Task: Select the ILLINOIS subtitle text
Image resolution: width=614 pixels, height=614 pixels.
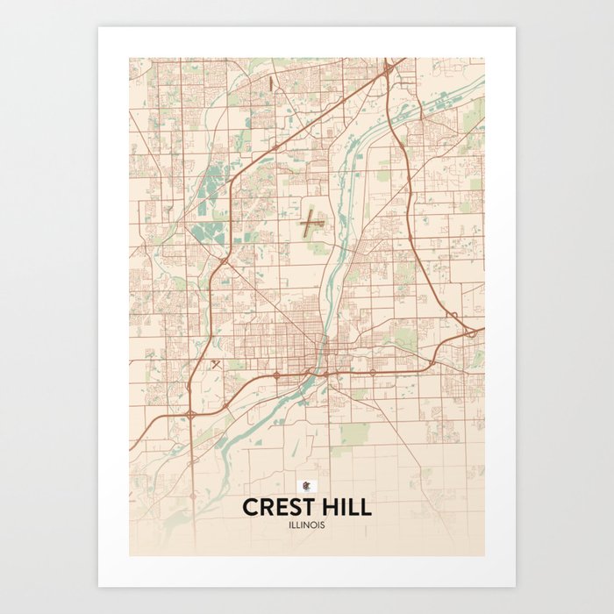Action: pos(306,525)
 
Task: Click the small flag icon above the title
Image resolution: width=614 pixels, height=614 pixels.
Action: pos(306,486)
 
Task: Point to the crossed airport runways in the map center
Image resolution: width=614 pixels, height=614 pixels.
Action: pos(311,225)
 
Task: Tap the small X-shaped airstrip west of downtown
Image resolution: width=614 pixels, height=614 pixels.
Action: pos(215,363)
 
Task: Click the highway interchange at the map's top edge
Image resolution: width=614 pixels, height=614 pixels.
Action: pos(387,68)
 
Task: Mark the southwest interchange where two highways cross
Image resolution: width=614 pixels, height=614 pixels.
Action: pos(191,412)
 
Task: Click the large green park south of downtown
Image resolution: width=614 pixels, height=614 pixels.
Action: pos(354,433)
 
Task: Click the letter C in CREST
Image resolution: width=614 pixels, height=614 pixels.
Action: pos(249,508)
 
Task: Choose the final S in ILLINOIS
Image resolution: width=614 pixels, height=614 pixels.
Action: pos(324,525)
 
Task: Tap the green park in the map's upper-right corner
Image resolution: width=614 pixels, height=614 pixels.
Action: pos(473,115)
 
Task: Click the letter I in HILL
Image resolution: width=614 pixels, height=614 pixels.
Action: pos(346,508)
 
